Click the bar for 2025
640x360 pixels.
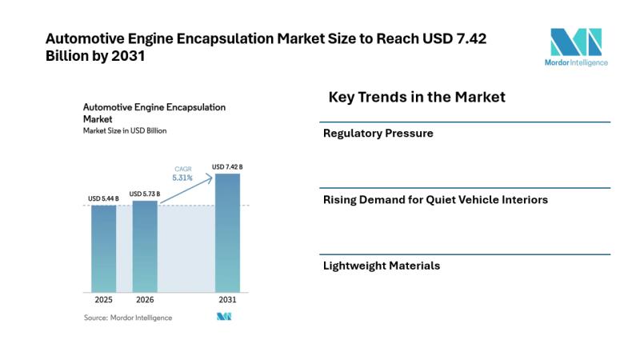[x=103, y=248]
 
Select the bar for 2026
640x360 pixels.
[x=145, y=246]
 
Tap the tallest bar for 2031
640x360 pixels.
[x=227, y=232]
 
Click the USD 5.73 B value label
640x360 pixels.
[x=145, y=194]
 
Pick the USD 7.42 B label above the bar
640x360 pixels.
[x=227, y=166]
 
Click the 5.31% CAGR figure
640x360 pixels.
[x=183, y=178]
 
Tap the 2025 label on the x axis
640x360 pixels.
[x=103, y=300]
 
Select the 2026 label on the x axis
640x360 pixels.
[x=145, y=300]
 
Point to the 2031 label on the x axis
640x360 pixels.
[x=227, y=300]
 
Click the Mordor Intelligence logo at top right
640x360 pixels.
[x=578, y=46]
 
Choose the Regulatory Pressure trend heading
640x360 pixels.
[x=378, y=134]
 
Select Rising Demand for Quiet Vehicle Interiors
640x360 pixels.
[x=435, y=200]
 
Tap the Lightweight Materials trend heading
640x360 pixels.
[x=381, y=266]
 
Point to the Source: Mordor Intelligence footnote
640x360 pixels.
[x=128, y=318]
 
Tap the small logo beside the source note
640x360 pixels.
[x=224, y=318]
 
